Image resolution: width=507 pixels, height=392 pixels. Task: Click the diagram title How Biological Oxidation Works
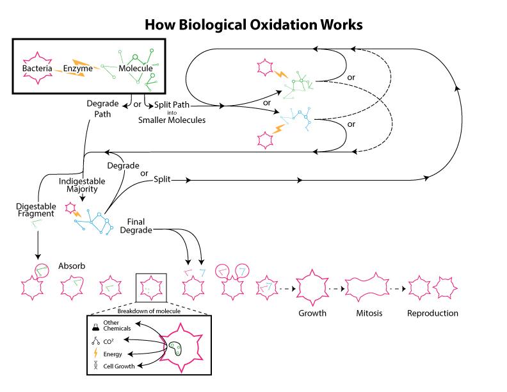[x=253, y=25]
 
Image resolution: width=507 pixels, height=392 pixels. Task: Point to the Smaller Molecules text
[x=172, y=120]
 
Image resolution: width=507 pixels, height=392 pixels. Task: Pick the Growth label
[x=312, y=314]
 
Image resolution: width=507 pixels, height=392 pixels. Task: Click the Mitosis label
[x=369, y=314]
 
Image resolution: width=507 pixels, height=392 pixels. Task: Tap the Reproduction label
[x=433, y=314]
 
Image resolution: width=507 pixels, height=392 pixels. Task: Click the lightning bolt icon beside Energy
[x=95, y=354]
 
